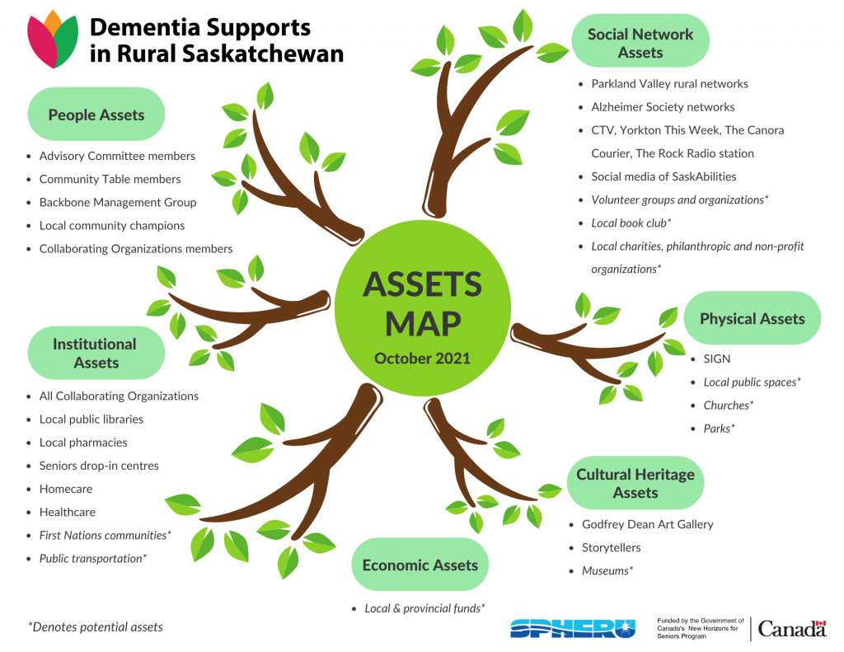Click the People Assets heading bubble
[x=96, y=115]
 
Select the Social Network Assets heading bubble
[x=640, y=43]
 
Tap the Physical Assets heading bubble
[x=752, y=318]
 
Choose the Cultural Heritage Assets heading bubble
[x=635, y=483]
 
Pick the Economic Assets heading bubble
[x=420, y=565]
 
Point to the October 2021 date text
[x=422, y=359]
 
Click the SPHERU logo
[x=573, y=628]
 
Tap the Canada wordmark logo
[x=791, y=629]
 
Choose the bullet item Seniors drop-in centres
[x=99, y=466]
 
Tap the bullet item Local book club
[x=631, y=223]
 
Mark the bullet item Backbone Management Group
[x=118, y=202]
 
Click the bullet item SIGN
[x=717, y=359]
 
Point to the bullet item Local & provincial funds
[x=424, y=608]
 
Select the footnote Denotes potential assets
[x=96, y=627]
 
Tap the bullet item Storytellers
[x=611, y=547]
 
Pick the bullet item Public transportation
[x=93, y=558]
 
